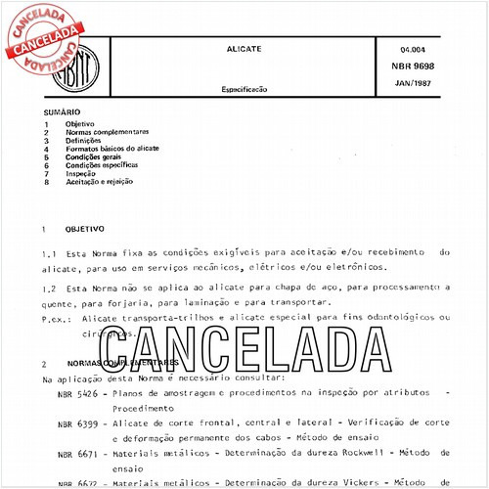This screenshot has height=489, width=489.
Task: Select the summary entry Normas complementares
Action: [107, 132]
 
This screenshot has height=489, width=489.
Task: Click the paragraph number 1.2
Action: [49, 289]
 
